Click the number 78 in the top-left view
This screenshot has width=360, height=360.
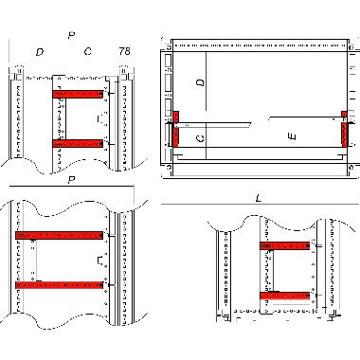point(125,51)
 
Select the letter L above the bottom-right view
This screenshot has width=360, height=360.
point(259,196)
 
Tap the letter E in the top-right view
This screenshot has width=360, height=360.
point(293,137)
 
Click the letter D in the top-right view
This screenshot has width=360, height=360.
point(200,83)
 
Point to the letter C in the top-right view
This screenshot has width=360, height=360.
point(200,138)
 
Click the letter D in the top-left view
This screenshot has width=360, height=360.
point(39,51)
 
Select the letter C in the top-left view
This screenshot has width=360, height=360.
point(88,51)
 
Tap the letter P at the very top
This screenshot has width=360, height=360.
point(71,35)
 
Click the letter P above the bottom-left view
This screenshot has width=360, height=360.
point(71,180)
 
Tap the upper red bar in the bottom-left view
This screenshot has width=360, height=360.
point(59,234)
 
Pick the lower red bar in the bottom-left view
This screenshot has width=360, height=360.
point(59,283)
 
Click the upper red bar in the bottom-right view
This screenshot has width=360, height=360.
point(284,246)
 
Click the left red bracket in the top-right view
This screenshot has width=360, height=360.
point(174,129)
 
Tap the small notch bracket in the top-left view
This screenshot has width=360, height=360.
point(102,119)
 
